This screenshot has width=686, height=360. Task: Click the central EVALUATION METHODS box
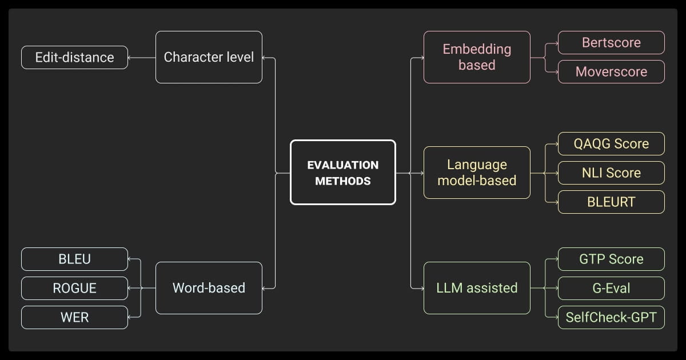pyautogui.click(x=342, y=172)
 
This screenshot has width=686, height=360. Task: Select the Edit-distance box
pyautogui.click(x=74, y=57)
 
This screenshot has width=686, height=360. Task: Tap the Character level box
pyautogui.click(x=209, y=57)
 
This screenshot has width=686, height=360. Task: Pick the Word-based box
pyautogui.click(x=209, y=287)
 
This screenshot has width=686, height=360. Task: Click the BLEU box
pyautogui.click(x=74, y=259)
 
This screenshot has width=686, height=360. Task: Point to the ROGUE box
pyautogui.click(x=74, y=288)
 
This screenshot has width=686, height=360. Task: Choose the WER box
pyautogui.click(x=74, y=317)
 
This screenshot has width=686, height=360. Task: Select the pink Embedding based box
pyautogui.click(x=477, y=57)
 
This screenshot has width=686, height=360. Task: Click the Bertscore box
pyautogui.click(x=611, y=43)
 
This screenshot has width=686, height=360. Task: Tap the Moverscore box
pyautogui.click(x=611, y=72)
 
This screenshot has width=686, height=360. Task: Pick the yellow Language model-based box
pyautogui.click(x=477, y=173)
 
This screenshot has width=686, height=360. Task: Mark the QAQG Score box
pyautogui.click(x=611, y=143)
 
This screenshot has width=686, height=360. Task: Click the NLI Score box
pyautogui.click(x=611, y=173)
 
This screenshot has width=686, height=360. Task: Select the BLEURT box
pyautogui.click(x=611, y=202)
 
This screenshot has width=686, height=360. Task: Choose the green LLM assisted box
pyautogui.click(x=477, y=287)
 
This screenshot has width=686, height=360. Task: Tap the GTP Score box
pyautogui.click(x=611, y=259)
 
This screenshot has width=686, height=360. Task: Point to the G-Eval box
pyautogui.click(x=611, y=288)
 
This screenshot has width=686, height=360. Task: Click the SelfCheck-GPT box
pyautogui.click(x=611, y=317)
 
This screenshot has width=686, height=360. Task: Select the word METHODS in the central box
pyautogui.click(x=342, y=181)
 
